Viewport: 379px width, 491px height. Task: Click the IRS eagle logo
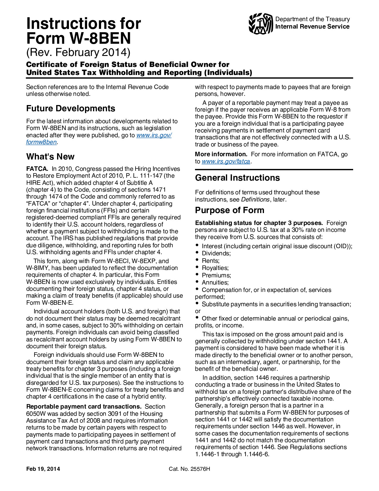point(261,24)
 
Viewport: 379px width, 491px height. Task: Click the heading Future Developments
point(71,108)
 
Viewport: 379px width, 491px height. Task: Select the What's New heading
point(50,157)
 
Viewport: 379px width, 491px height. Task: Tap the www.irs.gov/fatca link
point(226,161)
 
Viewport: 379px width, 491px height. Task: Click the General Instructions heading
point(237,178)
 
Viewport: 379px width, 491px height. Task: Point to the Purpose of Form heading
point(229,210)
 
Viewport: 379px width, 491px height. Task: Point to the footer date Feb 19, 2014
point(43,469)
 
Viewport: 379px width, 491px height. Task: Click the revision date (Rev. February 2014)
point(78,52)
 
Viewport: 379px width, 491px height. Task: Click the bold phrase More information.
point(221,154)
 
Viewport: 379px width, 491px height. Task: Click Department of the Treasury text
point(312,19)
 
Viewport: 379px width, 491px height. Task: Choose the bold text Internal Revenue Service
point(312,26)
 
